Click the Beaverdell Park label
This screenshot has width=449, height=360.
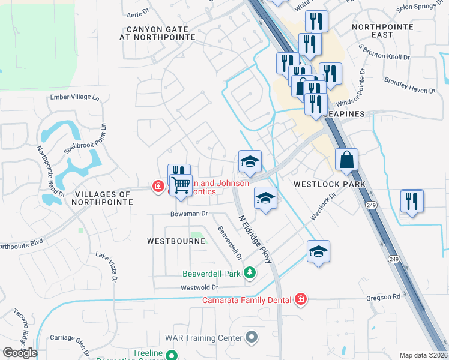click(x=212, y=274)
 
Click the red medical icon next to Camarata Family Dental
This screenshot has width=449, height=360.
click(x=301, y=299)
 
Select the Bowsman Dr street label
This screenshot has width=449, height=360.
click(x=188, y=214)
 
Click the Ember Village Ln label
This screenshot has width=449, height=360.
click(x=75, y=97)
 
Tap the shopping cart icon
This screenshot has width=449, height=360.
click(x=181, y=184)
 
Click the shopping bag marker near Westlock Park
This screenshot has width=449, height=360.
click(x=346, y=160)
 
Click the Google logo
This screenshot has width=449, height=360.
click(x=20, y=353)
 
